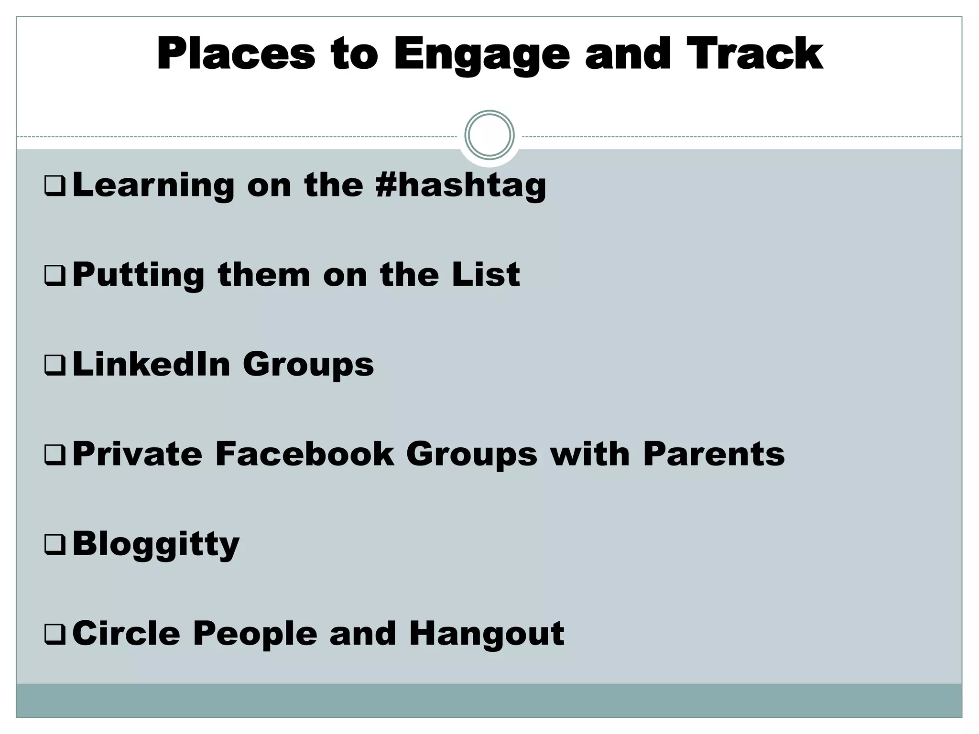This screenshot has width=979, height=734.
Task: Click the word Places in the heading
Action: (x=236, y=54)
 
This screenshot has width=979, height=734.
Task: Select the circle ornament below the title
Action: (x=489, y=135)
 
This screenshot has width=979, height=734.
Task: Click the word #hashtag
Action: (x=461, y=185)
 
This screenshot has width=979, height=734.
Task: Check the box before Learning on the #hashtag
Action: (x=54, y=186)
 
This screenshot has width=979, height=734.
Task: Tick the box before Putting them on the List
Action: (x=54, y=276)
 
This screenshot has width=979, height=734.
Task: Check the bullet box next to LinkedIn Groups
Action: (x=54, y=366)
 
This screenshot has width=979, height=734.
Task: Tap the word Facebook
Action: (x=305, y=453)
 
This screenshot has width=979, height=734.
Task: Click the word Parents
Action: (x=714, y=453)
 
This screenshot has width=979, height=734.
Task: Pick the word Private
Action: (x=137, y=453)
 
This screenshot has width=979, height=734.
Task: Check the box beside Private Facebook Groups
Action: (x=54, y=455)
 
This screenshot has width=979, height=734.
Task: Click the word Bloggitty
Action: (x=156, y=544)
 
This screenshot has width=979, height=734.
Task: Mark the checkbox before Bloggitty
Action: (x=54, y=545)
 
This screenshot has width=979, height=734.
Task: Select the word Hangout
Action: (x=487, y=634)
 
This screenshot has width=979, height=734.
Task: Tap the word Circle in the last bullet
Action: (x=126, y=633)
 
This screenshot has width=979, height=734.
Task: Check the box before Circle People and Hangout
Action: (x=54, y=635)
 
